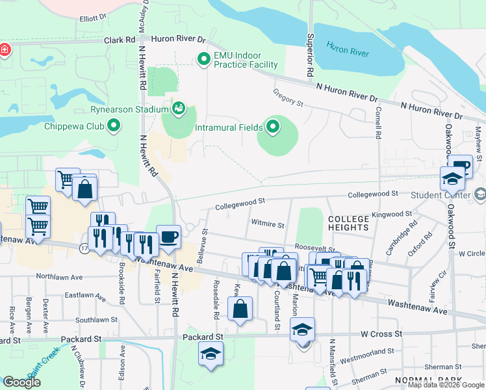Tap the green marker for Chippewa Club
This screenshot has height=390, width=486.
click(115, 125)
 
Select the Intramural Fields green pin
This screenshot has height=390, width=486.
click(272, 127)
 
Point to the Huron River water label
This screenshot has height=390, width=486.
click(348, 48)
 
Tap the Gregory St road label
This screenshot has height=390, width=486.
click(288, 98)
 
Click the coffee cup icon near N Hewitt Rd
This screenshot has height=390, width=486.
click(168, 237)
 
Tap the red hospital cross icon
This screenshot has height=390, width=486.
click(5, 50)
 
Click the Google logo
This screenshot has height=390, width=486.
click(21, 382)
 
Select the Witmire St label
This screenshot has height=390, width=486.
click(268, 225)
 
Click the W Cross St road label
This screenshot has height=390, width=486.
click(381, 333)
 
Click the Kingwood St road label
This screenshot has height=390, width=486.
click(392, 214)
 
